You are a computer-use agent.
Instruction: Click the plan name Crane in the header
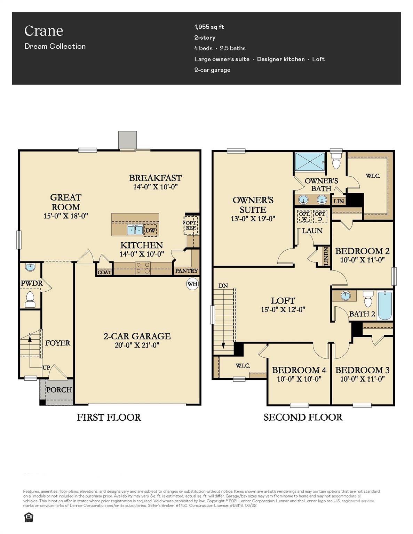(43, 31)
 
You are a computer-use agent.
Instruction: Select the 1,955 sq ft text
(209, 27)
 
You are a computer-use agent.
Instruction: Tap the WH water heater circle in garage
(192, 284)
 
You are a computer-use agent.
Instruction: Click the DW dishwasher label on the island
(150, 230)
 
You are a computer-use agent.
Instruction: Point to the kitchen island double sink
(135, 230)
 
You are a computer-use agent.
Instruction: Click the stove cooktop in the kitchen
(143, 268)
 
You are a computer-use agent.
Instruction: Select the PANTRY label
(186, 270)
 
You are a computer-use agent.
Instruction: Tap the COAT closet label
(104, 272)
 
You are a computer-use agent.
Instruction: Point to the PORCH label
(59, 390)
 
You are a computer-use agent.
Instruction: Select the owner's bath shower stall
(309, 161)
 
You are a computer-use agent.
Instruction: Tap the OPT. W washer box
(304, 217)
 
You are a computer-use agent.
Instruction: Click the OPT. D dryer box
(320, 217)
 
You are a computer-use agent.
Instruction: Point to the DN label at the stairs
(223, 285)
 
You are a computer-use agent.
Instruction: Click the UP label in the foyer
(46, 367)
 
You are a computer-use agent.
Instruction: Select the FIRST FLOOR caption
(109, 417)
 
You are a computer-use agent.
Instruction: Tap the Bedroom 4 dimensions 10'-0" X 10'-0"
(299, 379)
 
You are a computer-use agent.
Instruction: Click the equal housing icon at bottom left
(29, 517)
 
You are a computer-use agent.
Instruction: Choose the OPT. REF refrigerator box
(191, 225)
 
